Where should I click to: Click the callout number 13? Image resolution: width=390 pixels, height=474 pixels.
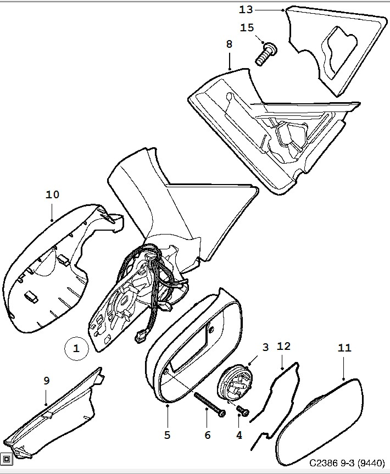[x=247, y=9]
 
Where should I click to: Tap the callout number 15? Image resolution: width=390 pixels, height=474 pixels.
[x=247, y=27]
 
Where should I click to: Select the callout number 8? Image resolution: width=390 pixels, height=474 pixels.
[x=229, y=44]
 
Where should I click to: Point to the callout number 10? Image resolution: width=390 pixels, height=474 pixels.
[x=53, y=194]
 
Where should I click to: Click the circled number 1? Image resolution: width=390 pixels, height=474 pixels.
[x=76, y=348]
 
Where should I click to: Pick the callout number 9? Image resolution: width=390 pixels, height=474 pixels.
[x=47, y=380]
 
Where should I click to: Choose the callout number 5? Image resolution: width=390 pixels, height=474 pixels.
[x=167, y=435]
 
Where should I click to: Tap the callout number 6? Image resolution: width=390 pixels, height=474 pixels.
[x=207, y=435]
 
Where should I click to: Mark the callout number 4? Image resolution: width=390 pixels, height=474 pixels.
[x=239, y=435]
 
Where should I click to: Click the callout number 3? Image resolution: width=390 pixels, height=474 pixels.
[x=265, y=347]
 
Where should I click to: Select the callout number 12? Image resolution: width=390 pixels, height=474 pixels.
[x=283, y=346]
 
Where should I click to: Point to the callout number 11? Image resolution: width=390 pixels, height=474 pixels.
[x=344, y=348]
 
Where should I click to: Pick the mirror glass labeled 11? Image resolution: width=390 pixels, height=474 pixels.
[x=319, y=417]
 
